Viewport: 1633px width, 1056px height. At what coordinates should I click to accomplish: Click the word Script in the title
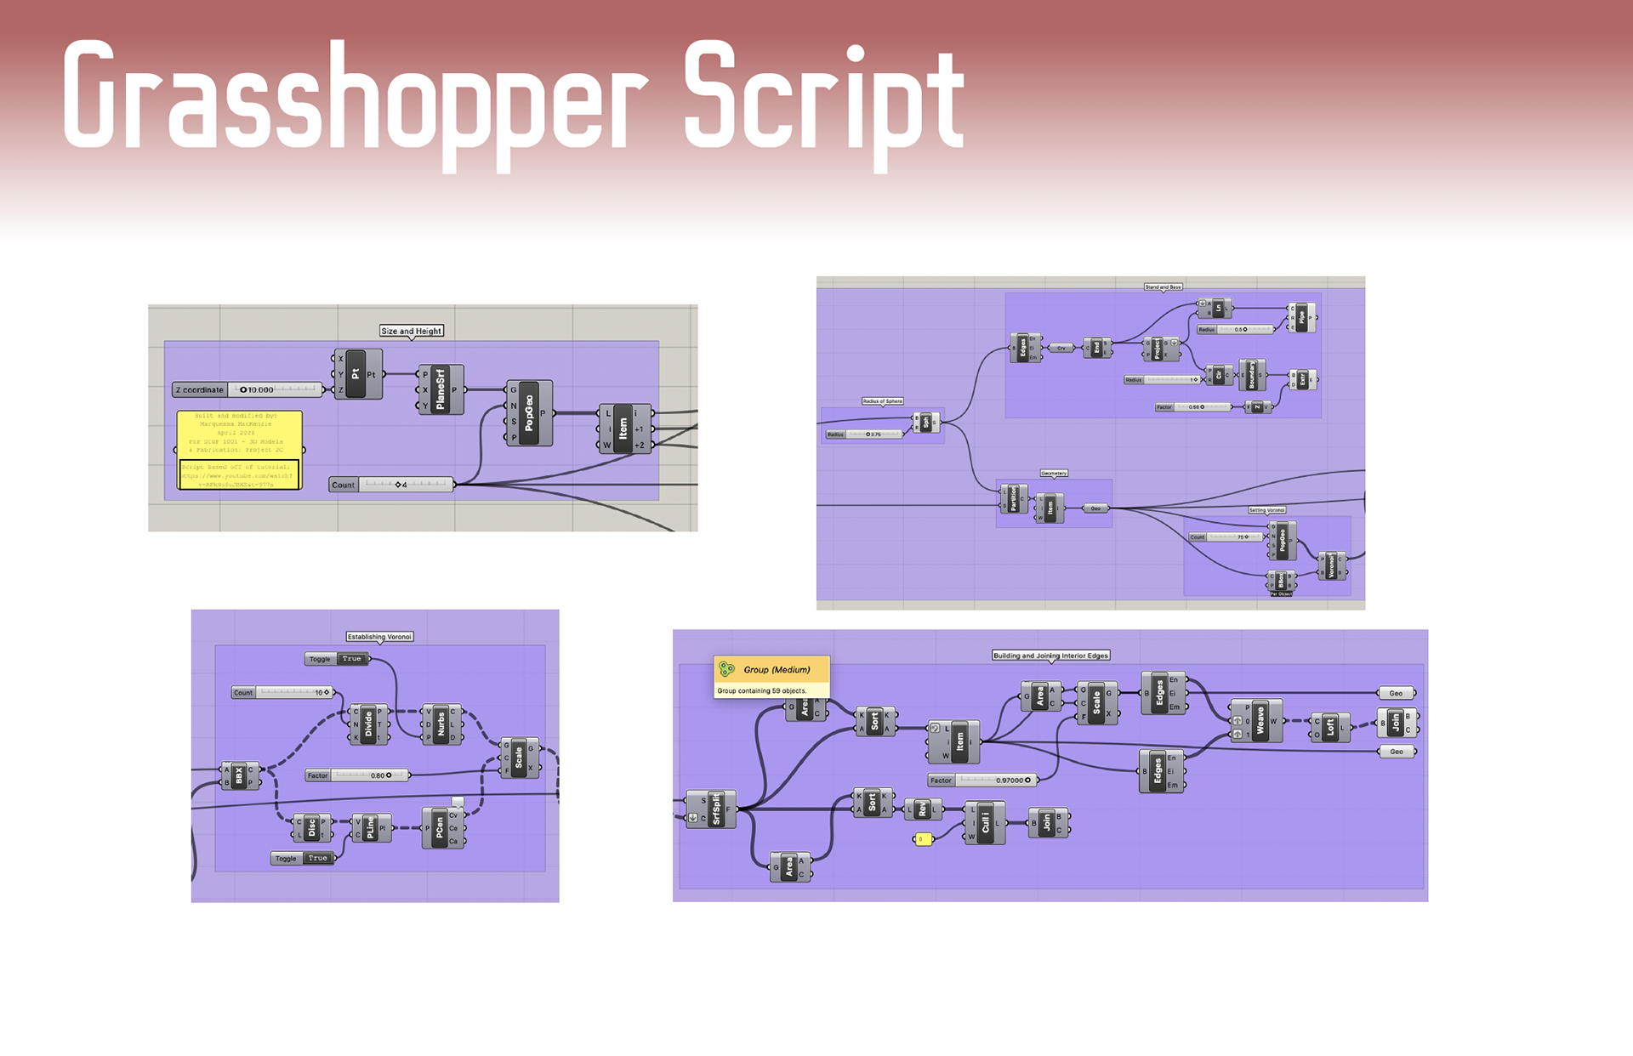coord(823,98)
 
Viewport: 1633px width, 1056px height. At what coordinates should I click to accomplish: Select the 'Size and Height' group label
coord(412,331)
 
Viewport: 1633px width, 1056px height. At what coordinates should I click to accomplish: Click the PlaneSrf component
coord(441,389)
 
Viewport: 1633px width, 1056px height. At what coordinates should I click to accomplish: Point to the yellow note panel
coord(240,450)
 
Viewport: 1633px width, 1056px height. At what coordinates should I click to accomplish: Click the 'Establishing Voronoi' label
coord(379,636)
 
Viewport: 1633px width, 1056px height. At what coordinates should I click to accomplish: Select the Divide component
coord(368,724)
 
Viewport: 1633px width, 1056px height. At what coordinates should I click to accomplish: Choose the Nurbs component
coord(441,724)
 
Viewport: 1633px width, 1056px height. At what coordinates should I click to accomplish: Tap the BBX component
coord(239,775)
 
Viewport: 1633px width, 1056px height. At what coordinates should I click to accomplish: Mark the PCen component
coord(440,827)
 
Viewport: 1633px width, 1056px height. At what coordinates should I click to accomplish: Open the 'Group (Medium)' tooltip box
coord(771,677)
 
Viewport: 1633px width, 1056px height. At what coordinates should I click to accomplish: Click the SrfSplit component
coord(715,809)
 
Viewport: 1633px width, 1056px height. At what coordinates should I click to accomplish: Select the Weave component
coord(1260,721)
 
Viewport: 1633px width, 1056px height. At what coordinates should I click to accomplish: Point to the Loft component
coord(1330,727)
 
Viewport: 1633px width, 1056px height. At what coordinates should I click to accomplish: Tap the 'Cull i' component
coord(985,822)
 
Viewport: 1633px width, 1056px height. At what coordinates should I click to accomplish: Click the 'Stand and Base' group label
coord(1163,287)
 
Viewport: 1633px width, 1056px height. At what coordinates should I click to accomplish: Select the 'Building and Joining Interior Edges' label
coord(1050,656)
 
